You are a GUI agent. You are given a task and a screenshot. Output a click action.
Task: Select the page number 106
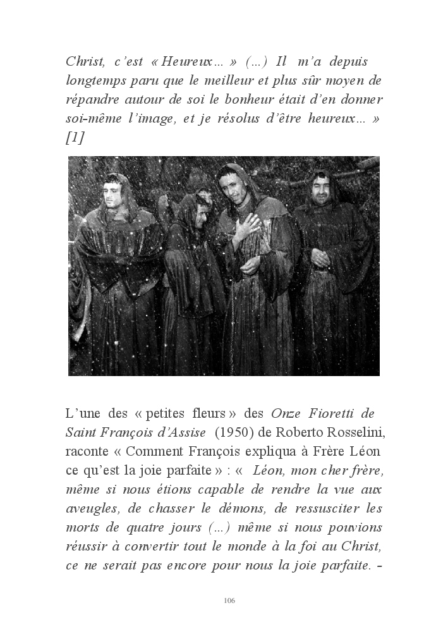click(229, 600)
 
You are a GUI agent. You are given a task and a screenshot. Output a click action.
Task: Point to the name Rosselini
click(349, 432)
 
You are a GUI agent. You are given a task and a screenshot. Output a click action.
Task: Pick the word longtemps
click(98, 82)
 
